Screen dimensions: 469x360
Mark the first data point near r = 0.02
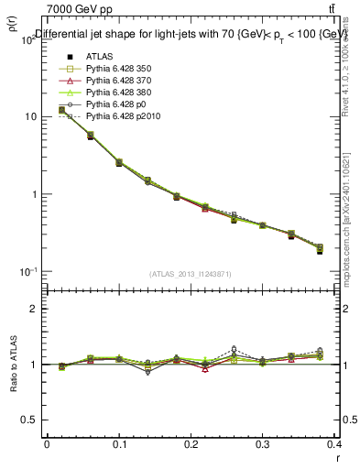point(61,110)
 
